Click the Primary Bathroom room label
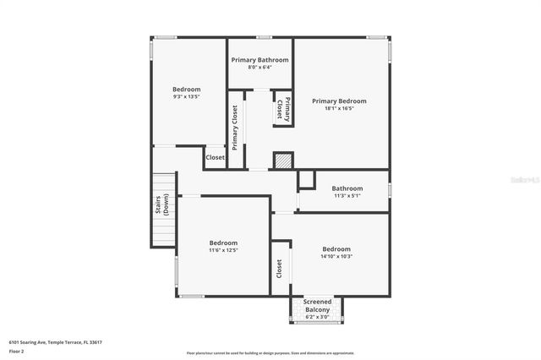point(260,60)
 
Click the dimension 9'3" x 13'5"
point(186,97)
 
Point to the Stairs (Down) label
point(163,205)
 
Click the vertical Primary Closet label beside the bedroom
point(235,127)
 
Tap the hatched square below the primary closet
point(283,161)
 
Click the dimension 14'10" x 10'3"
point(336,256)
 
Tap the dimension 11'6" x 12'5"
point(223,250)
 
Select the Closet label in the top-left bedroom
point(215,157)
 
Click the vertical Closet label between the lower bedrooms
point(279,269)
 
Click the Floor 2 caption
point(16,350)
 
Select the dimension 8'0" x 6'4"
point(260,68)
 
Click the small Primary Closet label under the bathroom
point(283,111)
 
